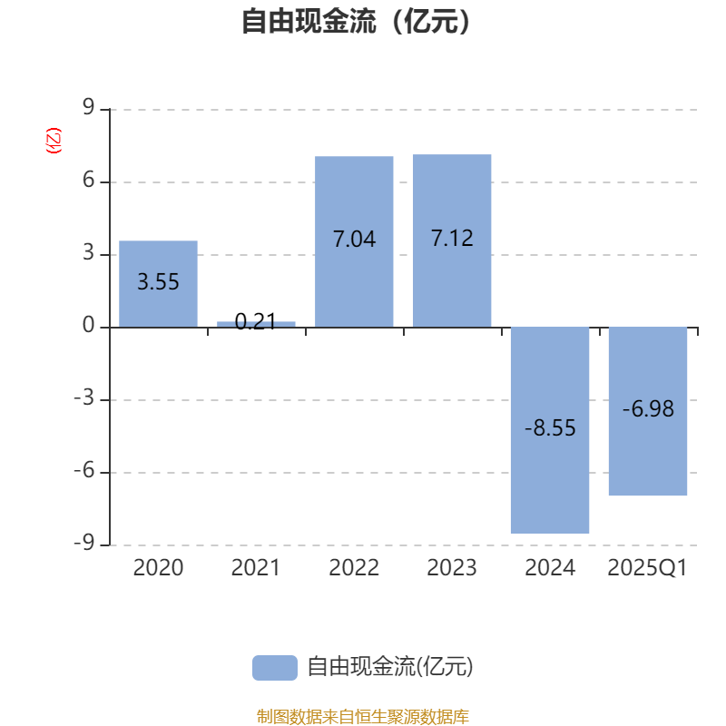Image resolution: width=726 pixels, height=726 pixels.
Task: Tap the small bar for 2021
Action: (256, 324)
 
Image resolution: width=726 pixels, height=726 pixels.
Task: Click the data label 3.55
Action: (158, 282)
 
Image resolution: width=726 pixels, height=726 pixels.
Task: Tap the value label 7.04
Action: (354, 240)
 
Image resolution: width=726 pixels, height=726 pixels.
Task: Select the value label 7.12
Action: (452, 239)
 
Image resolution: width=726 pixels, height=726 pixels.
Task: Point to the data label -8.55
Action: (550, 428)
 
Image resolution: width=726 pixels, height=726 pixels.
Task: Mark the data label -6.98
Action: (648, 409)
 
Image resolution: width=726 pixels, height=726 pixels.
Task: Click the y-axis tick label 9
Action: (88, 109)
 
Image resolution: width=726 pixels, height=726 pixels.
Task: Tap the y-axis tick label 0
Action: (88, 327)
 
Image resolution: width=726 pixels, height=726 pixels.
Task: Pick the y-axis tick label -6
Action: (83, 472)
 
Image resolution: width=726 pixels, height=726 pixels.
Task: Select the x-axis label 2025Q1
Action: (648, 568)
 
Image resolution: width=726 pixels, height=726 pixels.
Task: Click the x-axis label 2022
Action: (354, 568)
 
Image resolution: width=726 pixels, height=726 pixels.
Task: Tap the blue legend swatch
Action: (274, 667)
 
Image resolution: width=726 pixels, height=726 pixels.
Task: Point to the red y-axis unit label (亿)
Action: (54, 141)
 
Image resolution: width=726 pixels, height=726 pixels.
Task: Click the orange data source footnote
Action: (362, 716)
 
